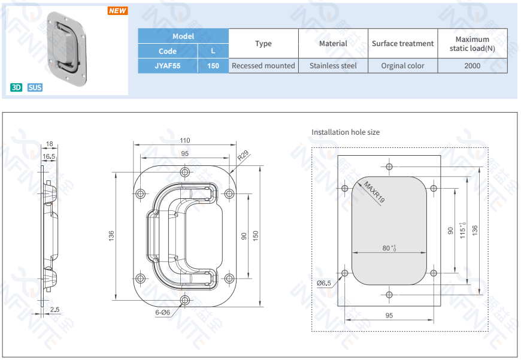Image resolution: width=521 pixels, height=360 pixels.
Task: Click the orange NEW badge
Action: [117, 11]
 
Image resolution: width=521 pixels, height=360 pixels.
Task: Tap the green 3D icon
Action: [16, 87]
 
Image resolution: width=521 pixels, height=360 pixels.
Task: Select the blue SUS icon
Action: [35, 87]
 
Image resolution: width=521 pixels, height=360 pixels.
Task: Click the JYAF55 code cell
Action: [168, 66]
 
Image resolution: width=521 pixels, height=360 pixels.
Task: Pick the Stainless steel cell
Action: [333, 66]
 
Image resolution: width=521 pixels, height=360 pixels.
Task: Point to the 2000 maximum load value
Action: [472, 66]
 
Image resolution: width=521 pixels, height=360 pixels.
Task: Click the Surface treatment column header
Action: [402, 44]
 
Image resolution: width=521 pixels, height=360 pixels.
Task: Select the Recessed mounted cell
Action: [263, 66]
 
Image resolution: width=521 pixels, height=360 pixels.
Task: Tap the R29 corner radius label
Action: [243, 155]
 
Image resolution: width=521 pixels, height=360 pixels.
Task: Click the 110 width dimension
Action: [184, 140]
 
